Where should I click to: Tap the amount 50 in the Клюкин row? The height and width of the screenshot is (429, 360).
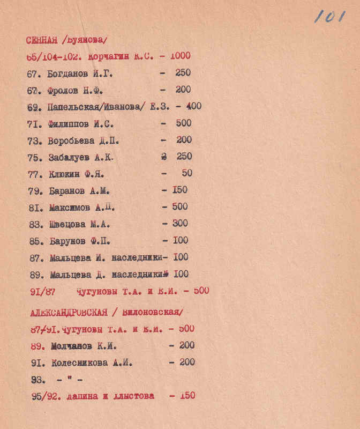(x=186, y=174)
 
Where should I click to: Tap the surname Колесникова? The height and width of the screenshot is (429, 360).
(x=79, y=363)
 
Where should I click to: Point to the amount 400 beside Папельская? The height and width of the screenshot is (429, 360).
(x=193, y=107)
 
